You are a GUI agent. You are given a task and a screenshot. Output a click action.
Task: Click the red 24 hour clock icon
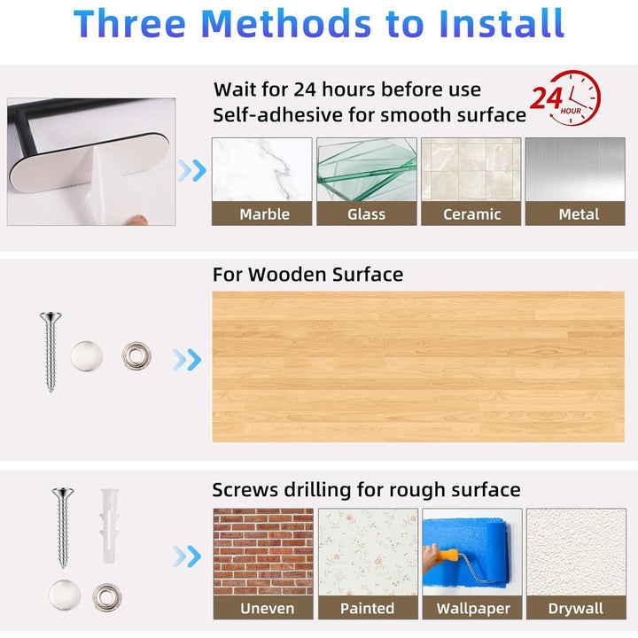click(x=566, y=97)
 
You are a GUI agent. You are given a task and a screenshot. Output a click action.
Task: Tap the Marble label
click(x=264, y=214)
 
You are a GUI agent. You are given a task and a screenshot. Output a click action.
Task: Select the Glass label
click(x=366, y=214)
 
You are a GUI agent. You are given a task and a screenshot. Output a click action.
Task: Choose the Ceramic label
click(x=471, y=214)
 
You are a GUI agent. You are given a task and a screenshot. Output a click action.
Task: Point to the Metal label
click(x=579, y=214)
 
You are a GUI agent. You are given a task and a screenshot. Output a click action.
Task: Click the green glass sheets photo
click(x=367, y=169)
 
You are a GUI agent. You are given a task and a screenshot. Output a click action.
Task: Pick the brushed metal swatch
click(x=575, y=169)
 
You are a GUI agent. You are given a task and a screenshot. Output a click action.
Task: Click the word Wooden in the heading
click(x=288, y=274)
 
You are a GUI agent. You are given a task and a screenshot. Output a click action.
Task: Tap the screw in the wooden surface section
click(x=51, y=352)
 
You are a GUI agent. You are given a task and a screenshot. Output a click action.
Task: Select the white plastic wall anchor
click(x=110, y=525)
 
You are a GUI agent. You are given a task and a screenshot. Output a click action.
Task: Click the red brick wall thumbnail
click(x=263, y=552)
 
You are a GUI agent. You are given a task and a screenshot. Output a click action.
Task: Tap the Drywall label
click(x=576, y=608)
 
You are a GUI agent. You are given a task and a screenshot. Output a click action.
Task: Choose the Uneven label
click(x=267, y=608)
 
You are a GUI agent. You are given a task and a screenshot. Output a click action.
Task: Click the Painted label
click(x=367, y=608)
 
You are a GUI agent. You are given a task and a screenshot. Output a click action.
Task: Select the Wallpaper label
click(x=473, y=608)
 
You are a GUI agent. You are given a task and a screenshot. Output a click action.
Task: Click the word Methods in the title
click(x=286, y=24)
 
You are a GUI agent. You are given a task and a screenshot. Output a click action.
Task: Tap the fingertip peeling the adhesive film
click(x=136, y=220)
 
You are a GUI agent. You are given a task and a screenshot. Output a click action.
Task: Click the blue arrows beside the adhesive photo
click(x=192, y=170)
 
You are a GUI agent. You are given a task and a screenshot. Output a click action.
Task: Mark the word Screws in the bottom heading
click(x=245, y=490)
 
